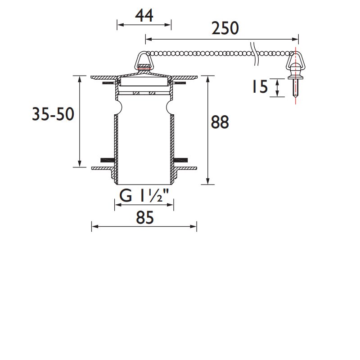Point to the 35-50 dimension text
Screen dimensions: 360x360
53,115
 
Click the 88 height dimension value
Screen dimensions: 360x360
220,122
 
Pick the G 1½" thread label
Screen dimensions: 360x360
144,196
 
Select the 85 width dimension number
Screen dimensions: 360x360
144,218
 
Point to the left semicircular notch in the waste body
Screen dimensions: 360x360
118,108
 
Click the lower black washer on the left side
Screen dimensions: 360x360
107,160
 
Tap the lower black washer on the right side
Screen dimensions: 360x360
181,160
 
